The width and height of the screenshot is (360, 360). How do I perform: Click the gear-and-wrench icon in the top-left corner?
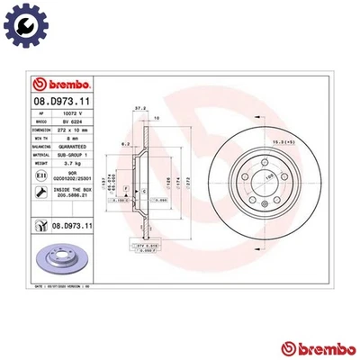[21, 21]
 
